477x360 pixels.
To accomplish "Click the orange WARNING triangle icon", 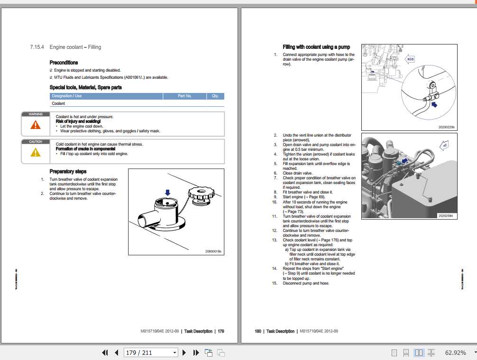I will (x=36, y=125).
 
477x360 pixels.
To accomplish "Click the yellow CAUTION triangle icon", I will (x=36, y=152).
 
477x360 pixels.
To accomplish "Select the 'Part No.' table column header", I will (x=184, y=96).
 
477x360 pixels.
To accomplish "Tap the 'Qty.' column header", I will (x=215, y=96).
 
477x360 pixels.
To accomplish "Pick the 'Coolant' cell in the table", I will (x=58, y=103).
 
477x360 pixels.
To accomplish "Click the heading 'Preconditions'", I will (x=64, y=63).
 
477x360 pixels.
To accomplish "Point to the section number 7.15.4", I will (x=37, y=47).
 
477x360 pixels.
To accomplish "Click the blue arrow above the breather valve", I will (x=167, y=192).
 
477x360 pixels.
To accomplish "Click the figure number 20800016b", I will (x=213, y=251).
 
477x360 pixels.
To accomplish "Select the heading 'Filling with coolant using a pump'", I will (x=316, y=47).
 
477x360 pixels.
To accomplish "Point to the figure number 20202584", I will (x=445, y=216).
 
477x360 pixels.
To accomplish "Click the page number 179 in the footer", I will (x=220, y=331).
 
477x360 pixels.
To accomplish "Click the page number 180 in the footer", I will (x=258, y=331).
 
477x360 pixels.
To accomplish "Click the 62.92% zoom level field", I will (x=456, y=352).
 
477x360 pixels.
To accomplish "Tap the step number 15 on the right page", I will (x=274, y=283).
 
